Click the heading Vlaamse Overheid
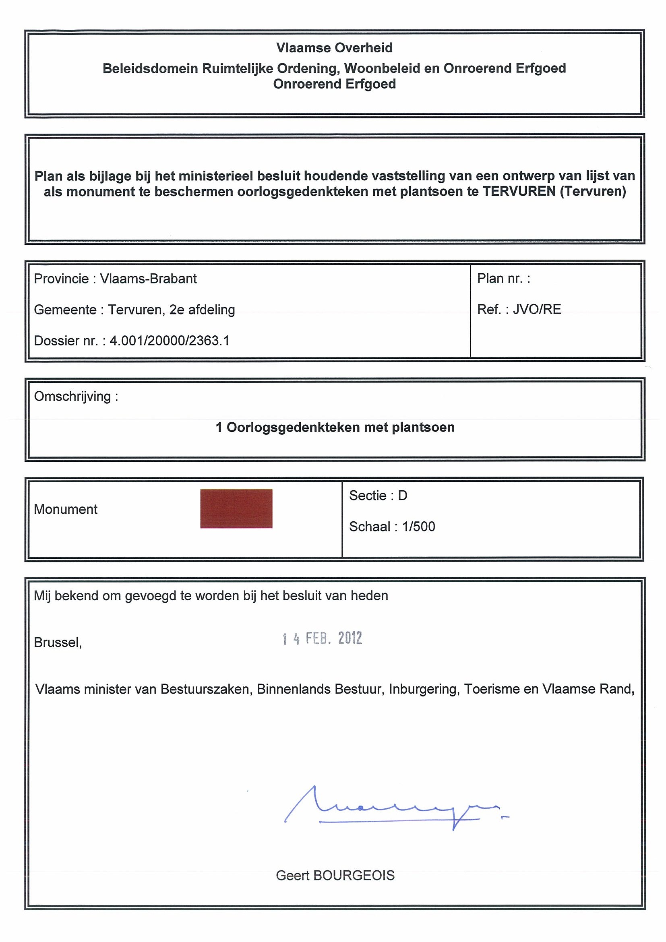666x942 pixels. [334, 48]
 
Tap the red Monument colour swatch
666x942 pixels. [236, 508]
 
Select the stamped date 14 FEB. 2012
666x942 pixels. [322, 638]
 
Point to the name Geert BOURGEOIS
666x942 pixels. [335, 876]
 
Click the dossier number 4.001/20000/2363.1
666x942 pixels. [170, 341]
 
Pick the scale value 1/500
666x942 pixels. [418, 527]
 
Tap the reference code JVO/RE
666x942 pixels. [537, 309]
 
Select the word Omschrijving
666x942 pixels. [72, 397]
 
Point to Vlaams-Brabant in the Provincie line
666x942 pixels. [148, 279]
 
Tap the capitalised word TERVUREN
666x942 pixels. [519, 191]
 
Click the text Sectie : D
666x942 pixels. [378, 496]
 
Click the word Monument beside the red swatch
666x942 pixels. [66, 509]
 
